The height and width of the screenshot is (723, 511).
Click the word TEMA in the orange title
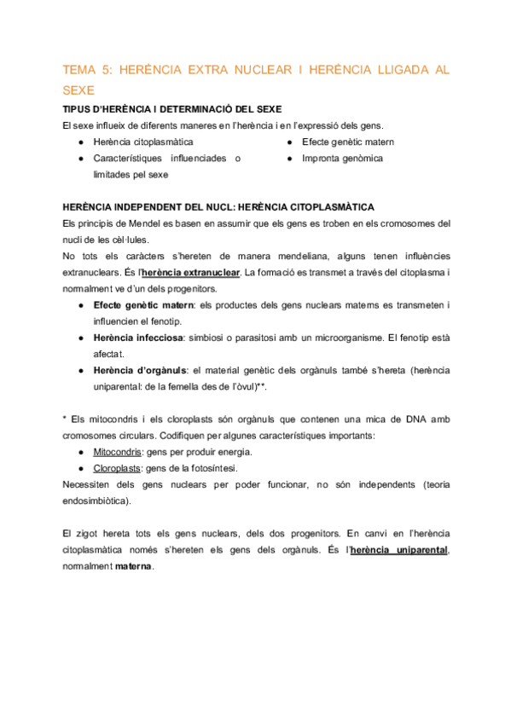pos(82,70)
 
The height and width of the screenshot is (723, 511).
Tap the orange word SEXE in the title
pos(80,90)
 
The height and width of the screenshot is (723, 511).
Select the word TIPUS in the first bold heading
pos(79,109)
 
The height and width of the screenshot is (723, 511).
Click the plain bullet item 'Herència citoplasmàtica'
pos(142,142)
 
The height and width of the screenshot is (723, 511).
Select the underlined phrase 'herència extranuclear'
pos(191,272)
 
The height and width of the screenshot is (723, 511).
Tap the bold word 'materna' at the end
pos(134,566)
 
